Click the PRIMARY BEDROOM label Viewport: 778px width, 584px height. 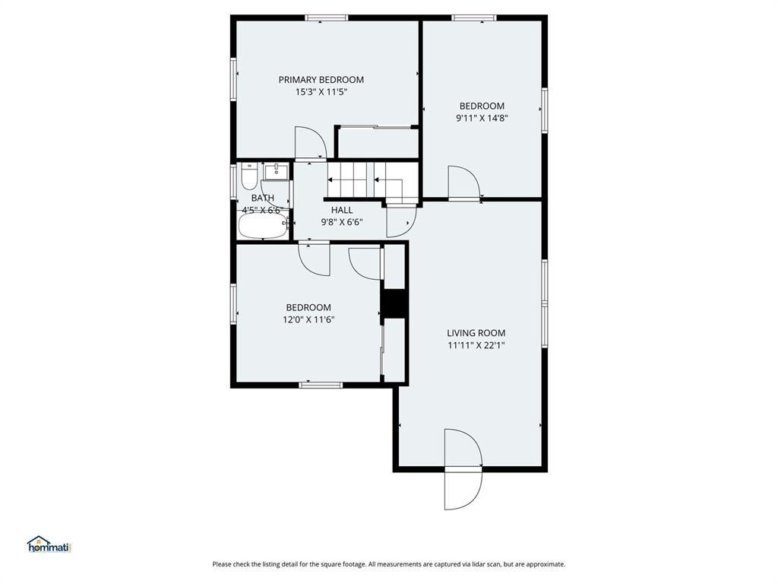[x=321, y=80]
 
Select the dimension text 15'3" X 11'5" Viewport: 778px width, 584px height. [x=321, y=92]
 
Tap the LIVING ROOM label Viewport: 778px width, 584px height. [x=476, y=333]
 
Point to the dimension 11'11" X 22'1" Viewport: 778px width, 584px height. [x=476, y=345]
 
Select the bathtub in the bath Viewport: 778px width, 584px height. [x=263, y=225]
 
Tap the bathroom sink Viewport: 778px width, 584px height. [x=277, y=172]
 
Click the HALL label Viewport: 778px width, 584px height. [x=341, y=210]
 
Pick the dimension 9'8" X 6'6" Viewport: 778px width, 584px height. [x=341, y=222]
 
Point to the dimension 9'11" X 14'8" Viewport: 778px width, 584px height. [x=481, y=118]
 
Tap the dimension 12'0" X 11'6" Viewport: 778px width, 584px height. [x=308, y=319]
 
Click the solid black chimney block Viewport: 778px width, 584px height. [x=394, y=303]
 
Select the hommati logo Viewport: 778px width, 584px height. [x=49, y=544]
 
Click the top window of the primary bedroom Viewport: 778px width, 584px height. [x=327, y=17]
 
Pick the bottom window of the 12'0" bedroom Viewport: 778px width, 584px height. [x=321, y=385]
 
